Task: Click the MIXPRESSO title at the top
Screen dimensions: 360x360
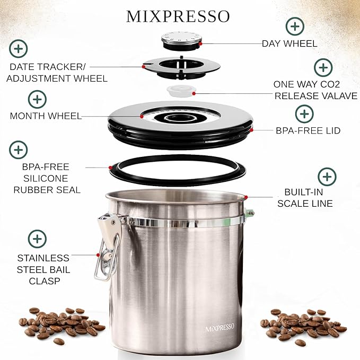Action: tap(178, 16)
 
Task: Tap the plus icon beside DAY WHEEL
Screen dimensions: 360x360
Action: tap(294, 26)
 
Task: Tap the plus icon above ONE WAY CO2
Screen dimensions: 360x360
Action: tap(323, 67)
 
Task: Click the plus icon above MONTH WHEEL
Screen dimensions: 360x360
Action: tap(37, 99)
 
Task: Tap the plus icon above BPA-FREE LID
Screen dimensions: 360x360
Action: tap(304, 113)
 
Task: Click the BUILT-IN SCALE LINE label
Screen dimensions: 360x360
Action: tap(309, 198)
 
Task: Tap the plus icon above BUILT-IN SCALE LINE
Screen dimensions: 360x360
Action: tap(327, 177)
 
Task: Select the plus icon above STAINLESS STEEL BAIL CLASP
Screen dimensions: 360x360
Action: tap(37, 238)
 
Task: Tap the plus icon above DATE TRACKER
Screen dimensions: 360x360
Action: tap(19, 49)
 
